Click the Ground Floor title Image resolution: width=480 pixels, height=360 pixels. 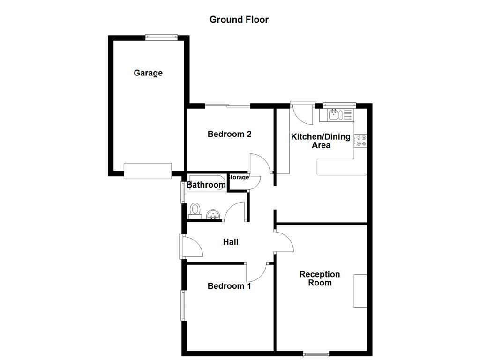click(239, 20)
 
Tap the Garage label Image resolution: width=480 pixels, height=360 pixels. click(148, 73)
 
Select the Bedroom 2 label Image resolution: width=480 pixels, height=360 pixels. click(230, 134)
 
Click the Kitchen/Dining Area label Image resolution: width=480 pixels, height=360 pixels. click(321, 141)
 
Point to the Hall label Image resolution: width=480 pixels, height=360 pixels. click(231, 242)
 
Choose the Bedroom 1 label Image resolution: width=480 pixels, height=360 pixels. click(229, 286)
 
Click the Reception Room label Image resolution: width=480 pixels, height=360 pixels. click(320, 278)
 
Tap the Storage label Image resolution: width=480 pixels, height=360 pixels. click(239, 177)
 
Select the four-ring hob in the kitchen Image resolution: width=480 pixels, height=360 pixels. click(360, 141)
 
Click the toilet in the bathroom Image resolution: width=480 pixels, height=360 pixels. click(195, 210)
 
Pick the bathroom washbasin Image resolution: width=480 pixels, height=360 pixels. click(213, 214)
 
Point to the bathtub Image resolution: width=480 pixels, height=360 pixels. click(208, 183)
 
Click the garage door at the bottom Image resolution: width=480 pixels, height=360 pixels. click(148, 171)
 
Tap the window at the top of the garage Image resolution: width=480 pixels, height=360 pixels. click(161, 37)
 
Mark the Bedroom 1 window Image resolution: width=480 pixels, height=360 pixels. click(183, 305)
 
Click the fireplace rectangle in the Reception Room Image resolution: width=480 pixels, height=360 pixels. click(360, 291)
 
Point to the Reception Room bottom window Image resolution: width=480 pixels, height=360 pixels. click(316, 354)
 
